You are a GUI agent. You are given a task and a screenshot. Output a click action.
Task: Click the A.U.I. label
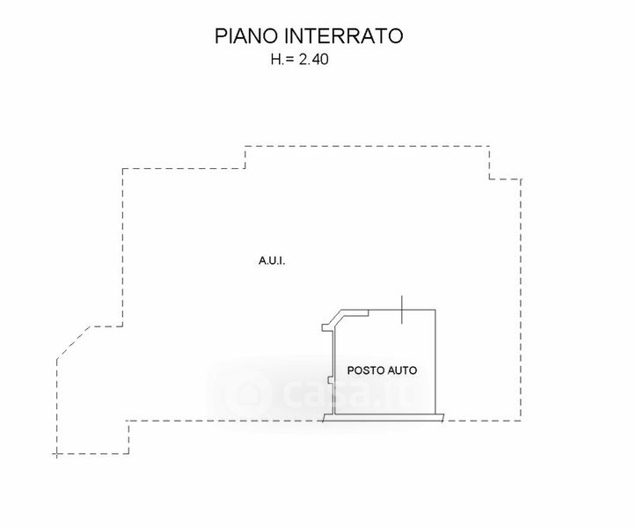(x=273, y=260)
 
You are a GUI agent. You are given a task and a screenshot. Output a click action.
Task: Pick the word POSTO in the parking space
(x=365, y=370)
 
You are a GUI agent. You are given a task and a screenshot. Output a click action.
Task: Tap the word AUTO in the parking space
(x=402, y=370)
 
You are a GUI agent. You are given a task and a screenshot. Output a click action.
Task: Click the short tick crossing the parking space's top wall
(x=402, y=310)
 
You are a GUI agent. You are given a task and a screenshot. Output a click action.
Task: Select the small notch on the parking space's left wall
(x=328, y=381)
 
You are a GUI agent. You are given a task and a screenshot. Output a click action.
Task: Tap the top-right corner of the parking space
(x=435, y=310)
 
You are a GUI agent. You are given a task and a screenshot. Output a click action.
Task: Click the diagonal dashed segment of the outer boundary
(x=73, y=342)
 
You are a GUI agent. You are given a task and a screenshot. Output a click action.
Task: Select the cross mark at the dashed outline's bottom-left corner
(x=57, y=454)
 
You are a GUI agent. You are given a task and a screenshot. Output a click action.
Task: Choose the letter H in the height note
(x=275, y=61)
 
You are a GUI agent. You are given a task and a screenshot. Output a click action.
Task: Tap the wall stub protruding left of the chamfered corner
(x=324, y=328)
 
